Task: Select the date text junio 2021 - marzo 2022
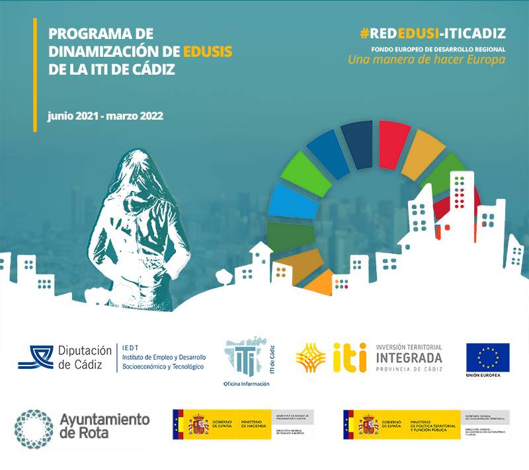coord(105,115)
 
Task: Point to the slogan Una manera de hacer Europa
coord(427,59)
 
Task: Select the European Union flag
coord(487,357)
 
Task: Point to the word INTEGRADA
coord(408,358)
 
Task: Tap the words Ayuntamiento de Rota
coord(104,426)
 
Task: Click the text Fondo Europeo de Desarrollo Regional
coord(433,48)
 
